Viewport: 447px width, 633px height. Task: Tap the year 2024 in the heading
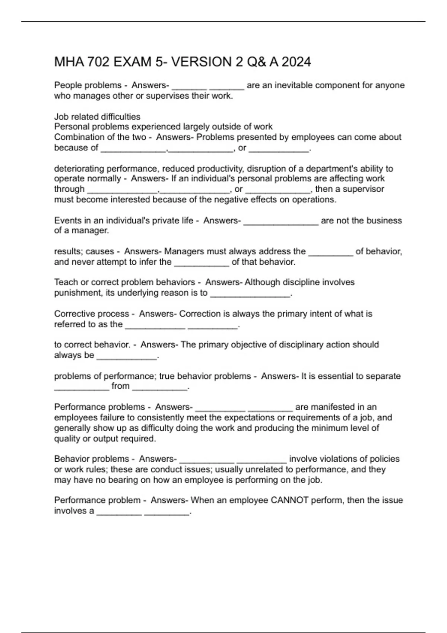point(296,62)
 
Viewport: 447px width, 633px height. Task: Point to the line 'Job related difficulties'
point(97,117)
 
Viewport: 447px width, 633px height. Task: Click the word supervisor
point(363,189)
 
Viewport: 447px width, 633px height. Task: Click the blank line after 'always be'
point(127,356)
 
